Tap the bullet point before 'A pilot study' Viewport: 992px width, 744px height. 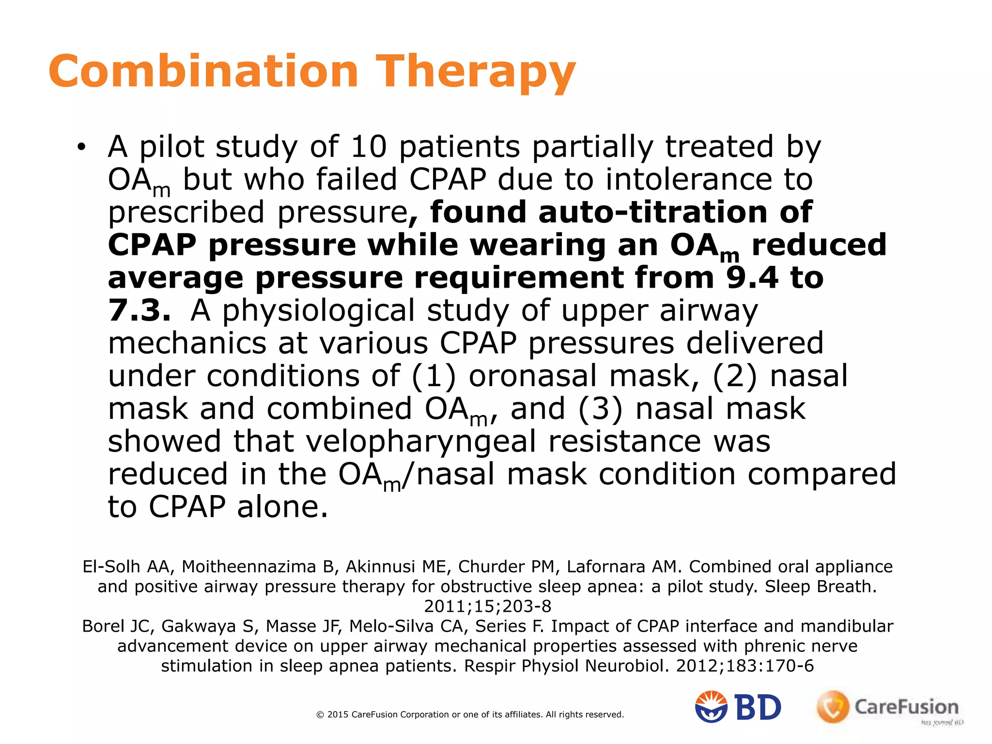[81, 147]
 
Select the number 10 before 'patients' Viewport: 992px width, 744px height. [369, 146]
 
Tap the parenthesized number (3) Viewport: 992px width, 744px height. [600, 409]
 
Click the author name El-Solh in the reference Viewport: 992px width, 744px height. [111, 566]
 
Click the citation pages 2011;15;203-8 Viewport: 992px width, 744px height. [487, 606]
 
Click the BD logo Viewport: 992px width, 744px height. [738, 707]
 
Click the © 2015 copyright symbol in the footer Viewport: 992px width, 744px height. [320, 714]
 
